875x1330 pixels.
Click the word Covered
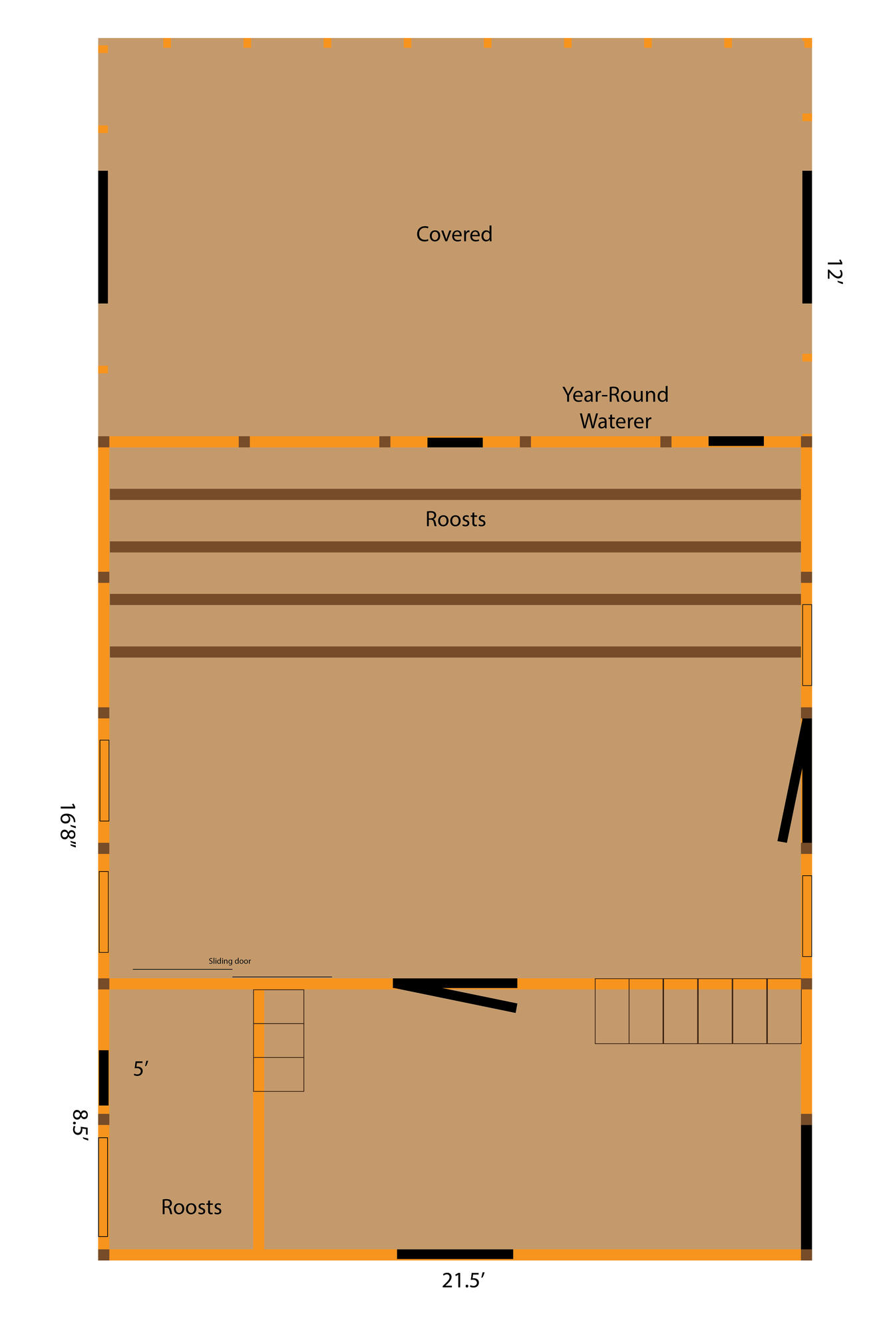(x=454, y=234)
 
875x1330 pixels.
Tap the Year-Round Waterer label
(x=615, y=408)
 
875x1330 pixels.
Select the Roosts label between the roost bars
(x=456, y=519)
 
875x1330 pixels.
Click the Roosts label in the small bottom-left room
(x=192, y=1207)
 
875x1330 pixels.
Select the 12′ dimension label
(x=834, y=273)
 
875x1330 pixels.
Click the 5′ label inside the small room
(x=140, y=1069)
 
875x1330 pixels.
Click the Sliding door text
(x=230, y=961)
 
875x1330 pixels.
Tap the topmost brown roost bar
(x=455, y=494)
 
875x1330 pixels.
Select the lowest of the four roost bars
(x=455, y=652)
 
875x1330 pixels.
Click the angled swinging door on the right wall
(x=793, y=781)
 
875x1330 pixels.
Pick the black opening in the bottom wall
(x=455, y=1254)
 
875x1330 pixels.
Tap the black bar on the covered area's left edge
(x=103, y=237)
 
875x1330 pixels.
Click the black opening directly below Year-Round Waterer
(x=736, y=441)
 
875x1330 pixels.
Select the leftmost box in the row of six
(x=612, y=1011)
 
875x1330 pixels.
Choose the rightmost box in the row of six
(x=785, y=1011)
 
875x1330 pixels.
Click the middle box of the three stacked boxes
(x=279, y=1040)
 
